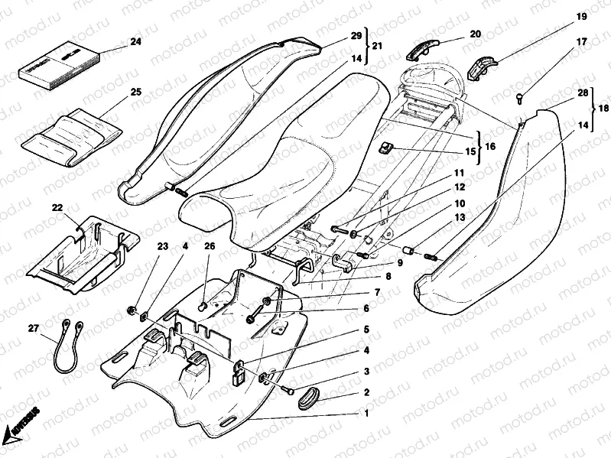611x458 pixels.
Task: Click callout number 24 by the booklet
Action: point(136,43)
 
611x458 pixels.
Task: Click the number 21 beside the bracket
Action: point(378,47)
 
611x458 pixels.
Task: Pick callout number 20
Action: point(475,34)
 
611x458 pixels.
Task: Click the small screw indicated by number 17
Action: point(518,96)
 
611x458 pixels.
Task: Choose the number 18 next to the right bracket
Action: point(603,108)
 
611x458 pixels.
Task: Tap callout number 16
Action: point(489,143)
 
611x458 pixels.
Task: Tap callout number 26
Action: point(210,246)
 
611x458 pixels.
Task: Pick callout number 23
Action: point(161,246)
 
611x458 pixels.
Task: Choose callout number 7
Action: point(376,293)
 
